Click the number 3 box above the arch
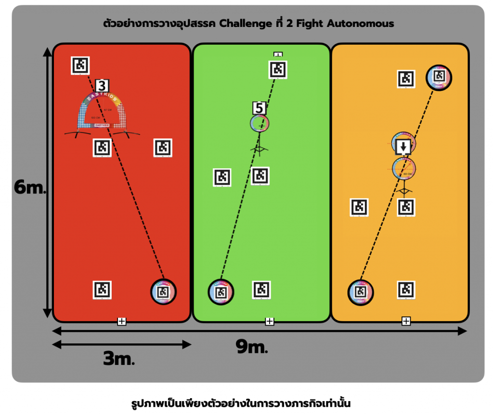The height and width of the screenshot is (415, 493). (102, 86)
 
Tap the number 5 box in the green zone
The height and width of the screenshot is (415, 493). (259, 108)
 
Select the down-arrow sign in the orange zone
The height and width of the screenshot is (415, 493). (403, 146)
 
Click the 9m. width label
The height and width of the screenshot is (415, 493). (251, 346)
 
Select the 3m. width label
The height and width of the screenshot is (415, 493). (118, 358)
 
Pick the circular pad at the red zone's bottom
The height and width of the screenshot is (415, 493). (164, 291)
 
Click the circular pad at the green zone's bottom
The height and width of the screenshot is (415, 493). (221, 292)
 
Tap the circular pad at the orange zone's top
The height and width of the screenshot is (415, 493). (439, 77)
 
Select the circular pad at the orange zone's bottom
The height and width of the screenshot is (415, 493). (361, 292)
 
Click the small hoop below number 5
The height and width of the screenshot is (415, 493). (259, 124)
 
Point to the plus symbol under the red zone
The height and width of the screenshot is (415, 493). (122, 321)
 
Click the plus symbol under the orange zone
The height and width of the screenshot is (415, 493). (406, 321)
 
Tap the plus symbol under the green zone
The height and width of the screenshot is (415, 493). (270, 321)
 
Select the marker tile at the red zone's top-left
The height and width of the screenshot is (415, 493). (80, 65)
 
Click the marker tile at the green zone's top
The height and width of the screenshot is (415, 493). (278, 69)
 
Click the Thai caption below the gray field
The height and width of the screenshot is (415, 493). (246, 402)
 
